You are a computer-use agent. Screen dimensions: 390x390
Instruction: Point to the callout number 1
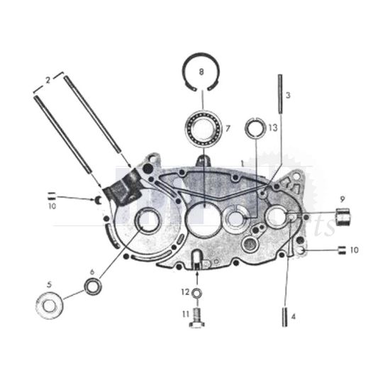pyautogui.click(x=242, y=162)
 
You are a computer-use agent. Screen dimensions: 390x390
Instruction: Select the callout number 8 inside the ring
pyautogui.click(x=201, y=72)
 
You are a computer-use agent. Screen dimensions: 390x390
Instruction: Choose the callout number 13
pyautogui.click(x=272, y=128)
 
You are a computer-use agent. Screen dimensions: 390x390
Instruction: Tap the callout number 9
pyautogui.click(x=341, y=198)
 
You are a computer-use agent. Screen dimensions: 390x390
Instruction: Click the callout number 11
pyautogui.click(x=184, y=313)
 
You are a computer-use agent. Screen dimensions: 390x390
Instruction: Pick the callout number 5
pyautogui.click(x=48, y=284)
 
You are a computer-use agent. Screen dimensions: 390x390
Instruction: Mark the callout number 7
pyautogui.click(x=228, y=128)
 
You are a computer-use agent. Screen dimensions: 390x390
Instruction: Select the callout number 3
pyautogui.click(x=288, y=94)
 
